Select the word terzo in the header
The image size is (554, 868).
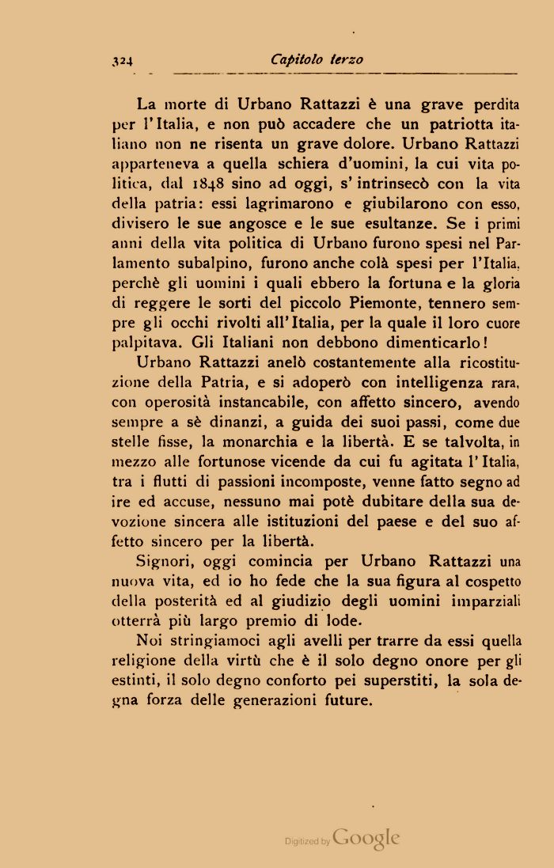click(346, 59)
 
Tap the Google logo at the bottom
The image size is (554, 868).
click(366, 838)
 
